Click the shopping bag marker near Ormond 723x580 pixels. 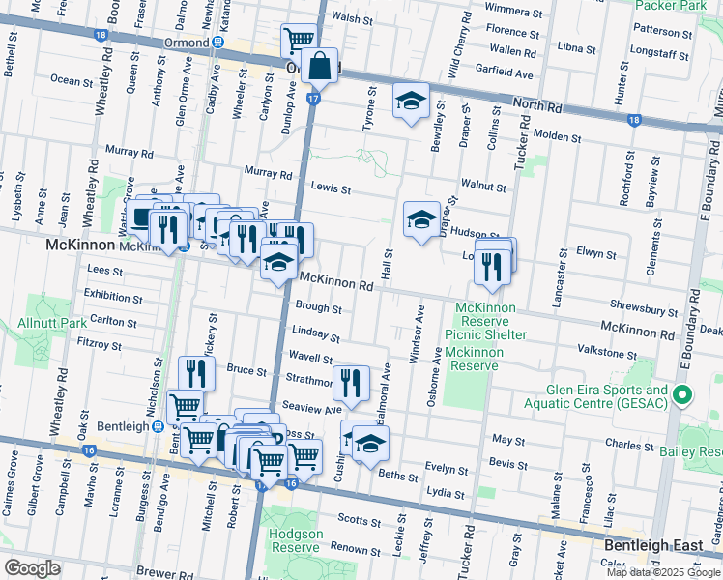(318, 68)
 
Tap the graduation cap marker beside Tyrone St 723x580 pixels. (411, 101)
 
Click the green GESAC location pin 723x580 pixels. (683, 395)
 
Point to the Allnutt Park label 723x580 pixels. (52, 321)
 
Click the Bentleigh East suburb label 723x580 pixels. (653, 546)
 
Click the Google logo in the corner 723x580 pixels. (32, 567)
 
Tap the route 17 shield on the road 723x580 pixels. (311, 98)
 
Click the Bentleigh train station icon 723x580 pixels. (157, 426)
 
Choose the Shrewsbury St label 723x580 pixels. (644, 311)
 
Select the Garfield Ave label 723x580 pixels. (505, 72)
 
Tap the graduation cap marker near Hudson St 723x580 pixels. (420, 221)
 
